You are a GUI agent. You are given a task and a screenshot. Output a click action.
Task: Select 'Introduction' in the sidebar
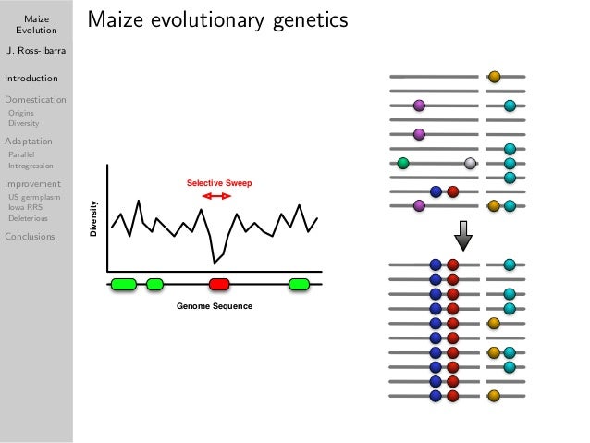click(31, 78)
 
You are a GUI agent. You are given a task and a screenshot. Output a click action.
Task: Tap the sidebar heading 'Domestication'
click(35, 99)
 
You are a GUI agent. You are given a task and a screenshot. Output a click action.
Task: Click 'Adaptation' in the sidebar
click(29, 141)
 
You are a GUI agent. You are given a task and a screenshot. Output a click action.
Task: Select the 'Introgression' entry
click(31, 166)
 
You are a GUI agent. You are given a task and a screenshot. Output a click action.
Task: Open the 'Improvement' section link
click(33, 183)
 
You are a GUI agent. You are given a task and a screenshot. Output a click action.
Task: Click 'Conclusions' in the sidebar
click(31, 236)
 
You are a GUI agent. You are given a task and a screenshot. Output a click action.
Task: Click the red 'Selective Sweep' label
click(218, 184)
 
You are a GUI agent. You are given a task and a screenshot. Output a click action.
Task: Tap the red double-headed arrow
click(217, 197)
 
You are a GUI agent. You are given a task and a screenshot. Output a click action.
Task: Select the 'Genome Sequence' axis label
click(214, 305)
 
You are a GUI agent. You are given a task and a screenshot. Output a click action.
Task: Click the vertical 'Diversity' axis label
click(92, 220)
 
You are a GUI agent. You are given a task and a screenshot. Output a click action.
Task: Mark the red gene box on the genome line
click(219, 284)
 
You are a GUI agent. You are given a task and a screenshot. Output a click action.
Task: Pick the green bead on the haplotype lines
click(403, 164)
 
